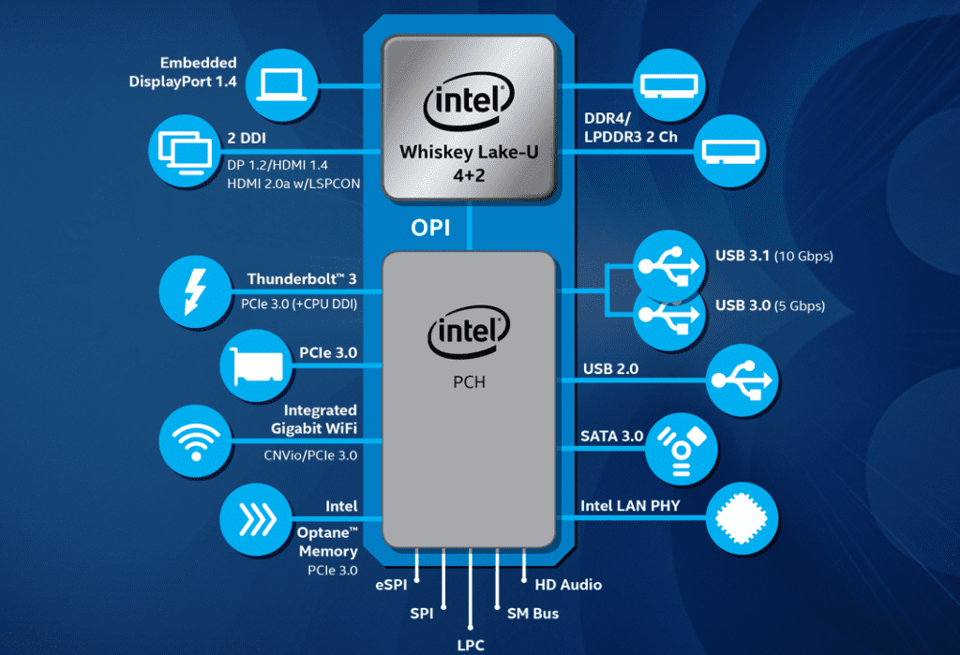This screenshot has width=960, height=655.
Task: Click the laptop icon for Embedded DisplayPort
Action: [281, 84]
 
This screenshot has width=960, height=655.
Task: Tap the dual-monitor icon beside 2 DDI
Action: [185, 151]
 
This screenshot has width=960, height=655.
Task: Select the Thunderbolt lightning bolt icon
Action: [195, 291]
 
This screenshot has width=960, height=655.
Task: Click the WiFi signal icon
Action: [195, 440]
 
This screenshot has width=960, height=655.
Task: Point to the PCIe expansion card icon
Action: [257, 365]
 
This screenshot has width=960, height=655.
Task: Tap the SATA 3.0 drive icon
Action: [682, 450]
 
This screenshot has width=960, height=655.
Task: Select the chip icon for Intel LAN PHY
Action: [742, 518]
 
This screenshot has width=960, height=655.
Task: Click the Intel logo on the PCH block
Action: [469, 331]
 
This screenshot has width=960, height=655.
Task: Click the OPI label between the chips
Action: [430, 228]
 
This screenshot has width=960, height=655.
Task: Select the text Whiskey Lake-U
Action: [469, 152]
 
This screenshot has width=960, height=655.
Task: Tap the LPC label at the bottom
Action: [471, 645]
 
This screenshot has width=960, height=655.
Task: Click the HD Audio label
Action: [568, 586]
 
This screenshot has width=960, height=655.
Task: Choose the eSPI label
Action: [391, 586]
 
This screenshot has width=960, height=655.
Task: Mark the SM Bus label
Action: [532, 614]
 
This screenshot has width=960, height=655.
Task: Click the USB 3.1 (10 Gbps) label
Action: [774, 256]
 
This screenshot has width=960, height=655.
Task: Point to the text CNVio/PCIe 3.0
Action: [310, 455]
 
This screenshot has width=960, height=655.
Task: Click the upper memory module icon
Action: [669, 85]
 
